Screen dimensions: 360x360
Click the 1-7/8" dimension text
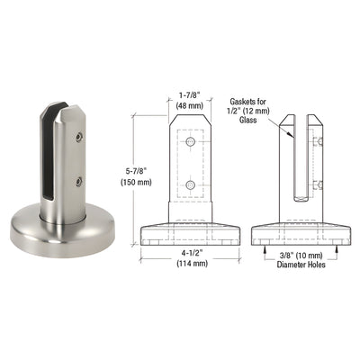coord(189,93)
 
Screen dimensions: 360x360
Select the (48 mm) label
coord(189,105)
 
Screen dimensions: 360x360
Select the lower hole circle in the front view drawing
coord(190,185)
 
